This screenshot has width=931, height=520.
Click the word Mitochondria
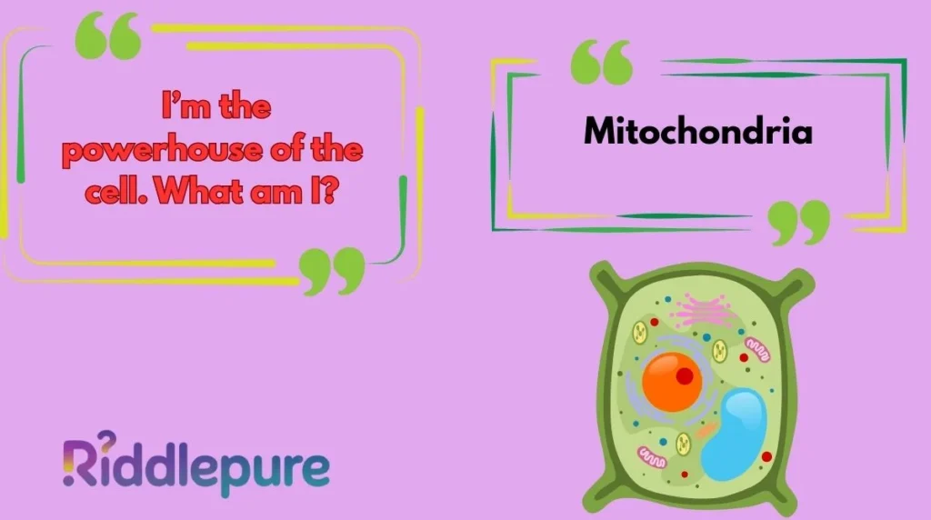(x=697, y=132)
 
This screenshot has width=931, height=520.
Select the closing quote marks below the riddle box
(x=333, y=270)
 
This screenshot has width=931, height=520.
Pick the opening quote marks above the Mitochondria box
(x=602, y=61)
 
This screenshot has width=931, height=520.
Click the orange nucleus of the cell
(x=673, y=380)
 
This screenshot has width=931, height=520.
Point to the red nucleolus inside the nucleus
(x=685, y=374)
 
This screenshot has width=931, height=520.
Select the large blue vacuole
(x=734, y=435)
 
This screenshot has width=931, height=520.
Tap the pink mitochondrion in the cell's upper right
(x=756, y=346)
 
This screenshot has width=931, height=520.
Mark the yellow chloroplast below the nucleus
(x=684, y=445)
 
